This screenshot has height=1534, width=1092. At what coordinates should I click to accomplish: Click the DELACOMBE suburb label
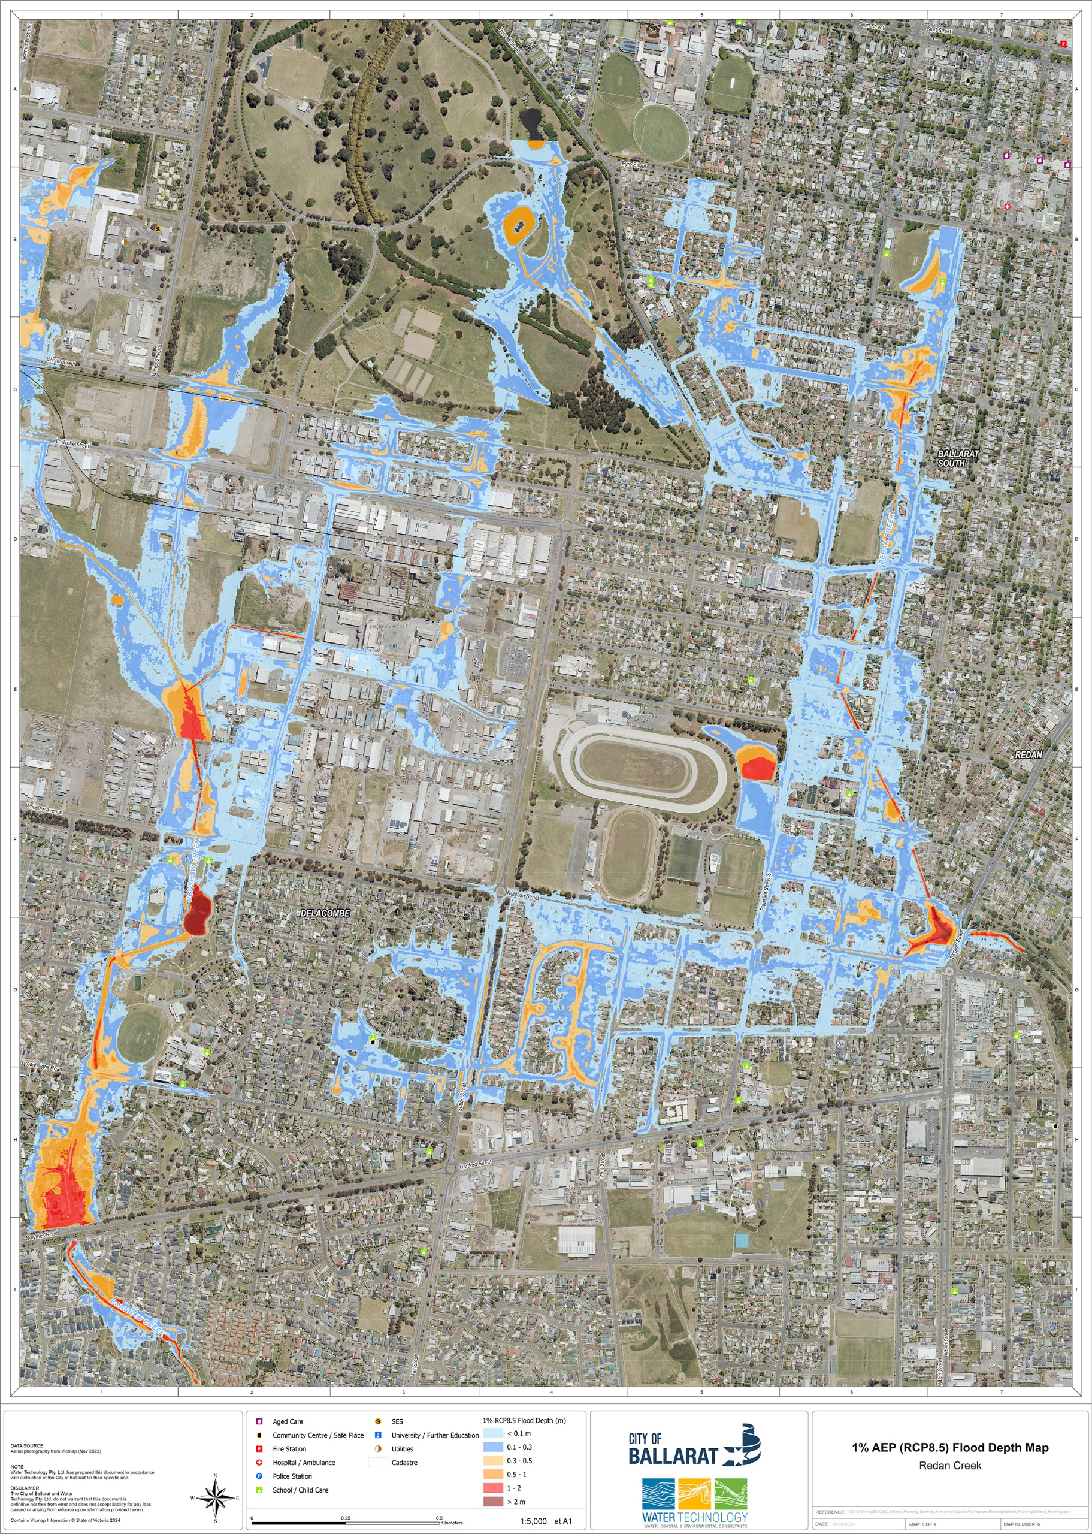325,913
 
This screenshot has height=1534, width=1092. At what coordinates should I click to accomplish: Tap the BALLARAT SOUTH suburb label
957,458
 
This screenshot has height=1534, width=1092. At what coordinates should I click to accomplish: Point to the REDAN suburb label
1027,755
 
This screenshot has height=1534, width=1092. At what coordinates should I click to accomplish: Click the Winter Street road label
61,362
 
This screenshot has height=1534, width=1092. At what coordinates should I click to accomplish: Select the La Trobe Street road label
72,444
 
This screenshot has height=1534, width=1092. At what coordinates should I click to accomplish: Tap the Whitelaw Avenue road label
44,809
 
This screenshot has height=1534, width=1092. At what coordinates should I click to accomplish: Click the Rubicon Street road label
523,896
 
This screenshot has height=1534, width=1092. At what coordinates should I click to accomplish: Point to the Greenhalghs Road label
42,1066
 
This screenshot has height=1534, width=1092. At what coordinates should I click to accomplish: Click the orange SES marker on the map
158,230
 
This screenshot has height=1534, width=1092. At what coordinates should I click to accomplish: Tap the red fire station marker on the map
1063,44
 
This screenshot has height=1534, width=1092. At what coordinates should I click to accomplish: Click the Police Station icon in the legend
259,1476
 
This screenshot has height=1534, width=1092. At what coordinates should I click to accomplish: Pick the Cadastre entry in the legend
378,1463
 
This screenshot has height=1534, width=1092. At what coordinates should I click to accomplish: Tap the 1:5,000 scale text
533,1521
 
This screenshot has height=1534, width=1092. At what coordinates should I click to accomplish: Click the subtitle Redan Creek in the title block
949,1466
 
